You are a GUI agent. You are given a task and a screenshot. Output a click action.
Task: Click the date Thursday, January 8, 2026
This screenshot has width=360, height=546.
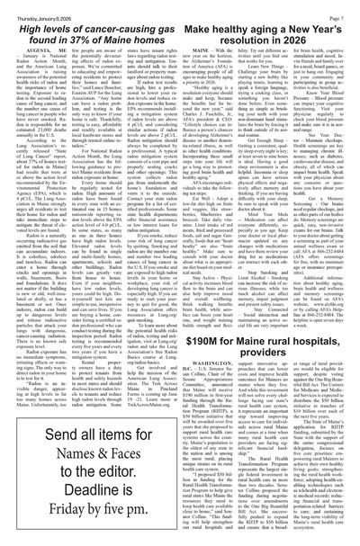pos(32,6)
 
